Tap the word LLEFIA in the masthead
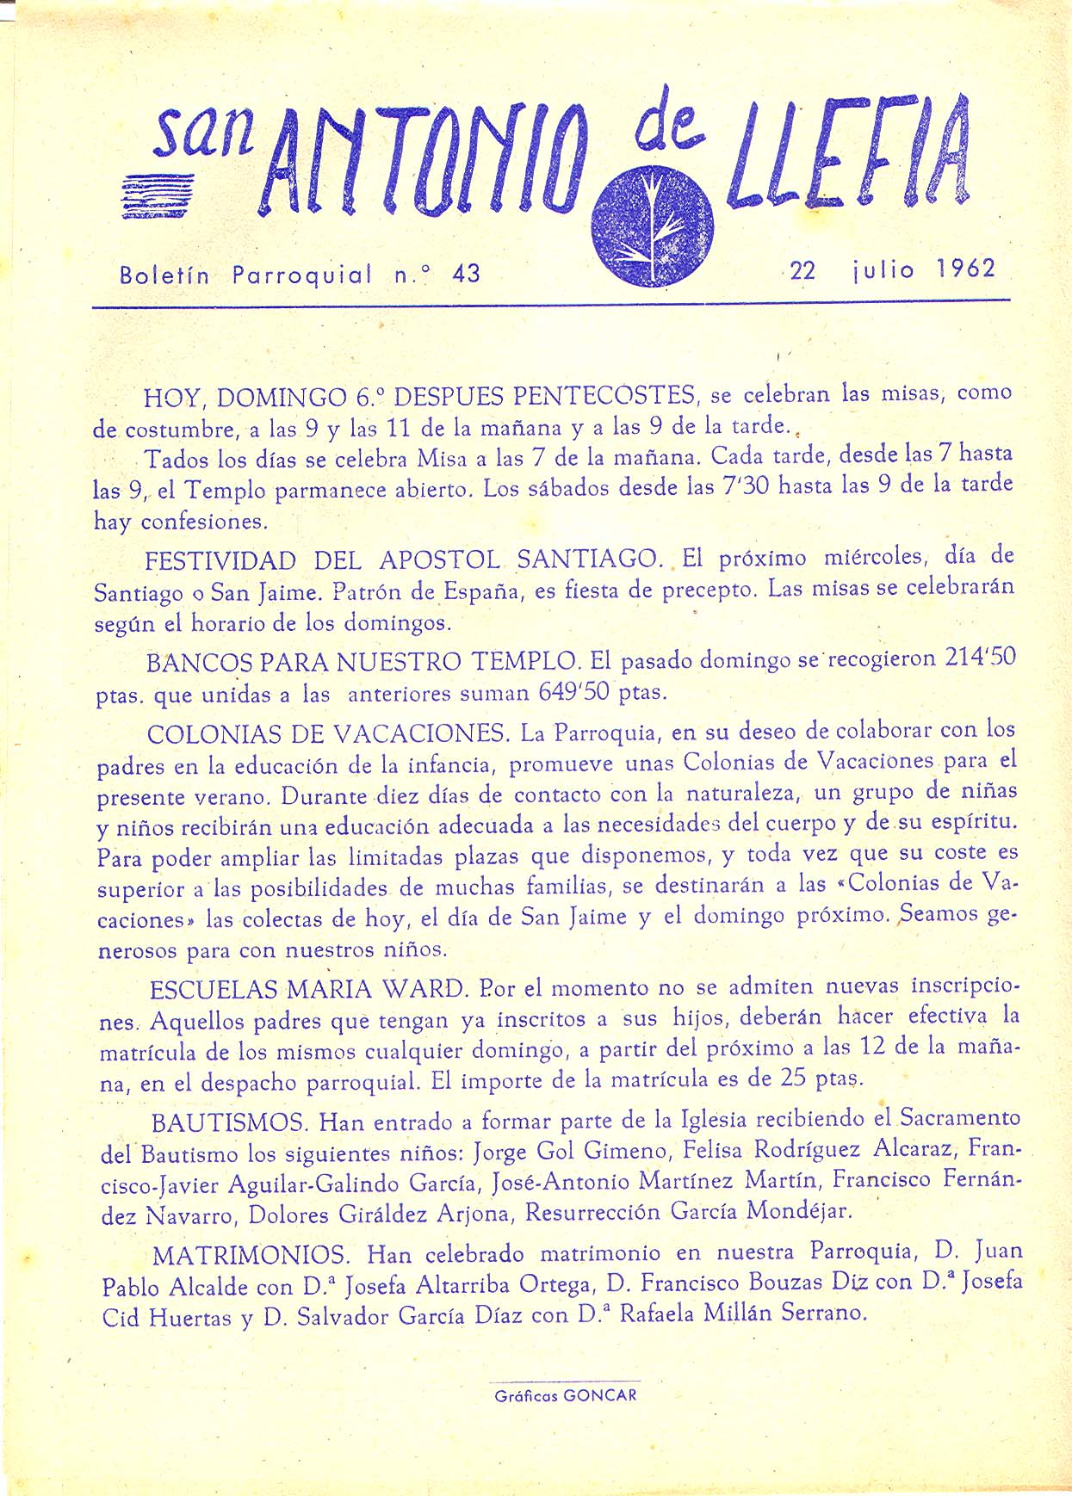[849, 155]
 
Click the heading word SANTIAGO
[586, 559]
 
